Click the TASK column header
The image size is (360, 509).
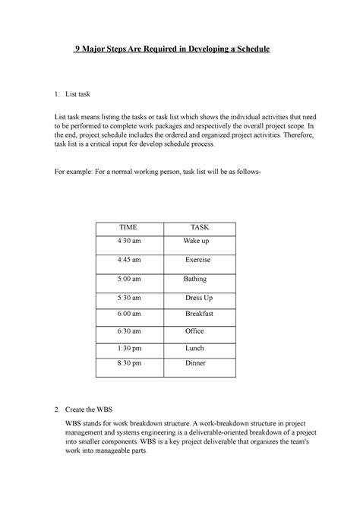click(199, 228)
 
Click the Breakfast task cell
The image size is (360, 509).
click(199, 313)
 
